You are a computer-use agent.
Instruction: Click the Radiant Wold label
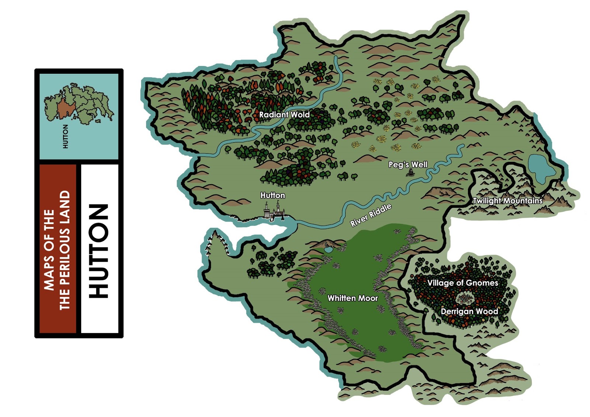click(x=284, y=115)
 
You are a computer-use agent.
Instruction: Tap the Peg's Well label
click(x=408, y=164)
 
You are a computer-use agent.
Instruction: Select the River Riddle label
click(x=370, y=215)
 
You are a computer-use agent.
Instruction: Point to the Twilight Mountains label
click(x=507, y=201)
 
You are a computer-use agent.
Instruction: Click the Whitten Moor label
click(x=353, y=298)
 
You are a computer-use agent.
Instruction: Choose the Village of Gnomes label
click(x=462, y=283)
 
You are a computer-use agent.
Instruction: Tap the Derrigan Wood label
click(x=469, y=311)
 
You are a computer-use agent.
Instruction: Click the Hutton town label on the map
click(x=273, y=195)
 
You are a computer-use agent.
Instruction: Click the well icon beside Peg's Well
click(x=409, y=173)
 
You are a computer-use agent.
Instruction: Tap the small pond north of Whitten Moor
click(x=328, y=250)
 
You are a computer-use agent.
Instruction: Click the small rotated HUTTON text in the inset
click(x=66, y=136)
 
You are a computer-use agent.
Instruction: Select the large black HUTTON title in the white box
click(x=99, y=250)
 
